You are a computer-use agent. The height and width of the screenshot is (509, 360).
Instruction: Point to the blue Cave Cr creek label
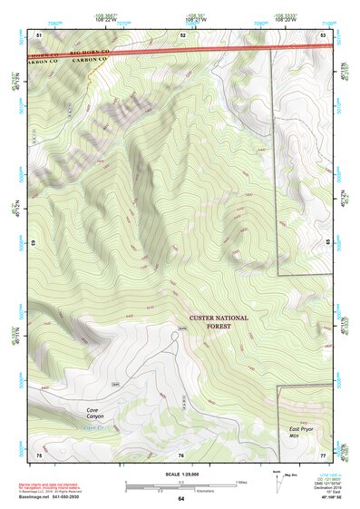[94, 426]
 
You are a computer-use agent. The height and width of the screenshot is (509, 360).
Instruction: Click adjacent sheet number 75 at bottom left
[39, 455]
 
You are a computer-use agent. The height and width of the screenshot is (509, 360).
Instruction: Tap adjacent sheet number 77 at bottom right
[324, 455]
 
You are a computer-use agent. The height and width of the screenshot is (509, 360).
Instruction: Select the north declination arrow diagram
[277, 481]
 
